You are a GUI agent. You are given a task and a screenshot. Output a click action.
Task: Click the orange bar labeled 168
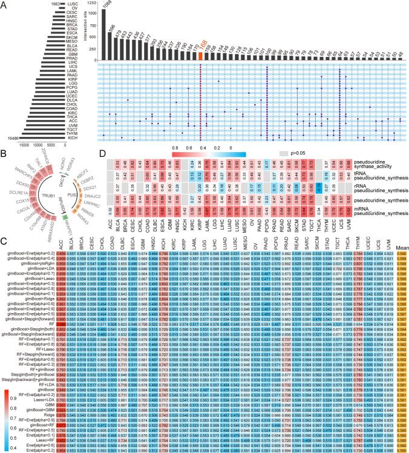200,56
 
